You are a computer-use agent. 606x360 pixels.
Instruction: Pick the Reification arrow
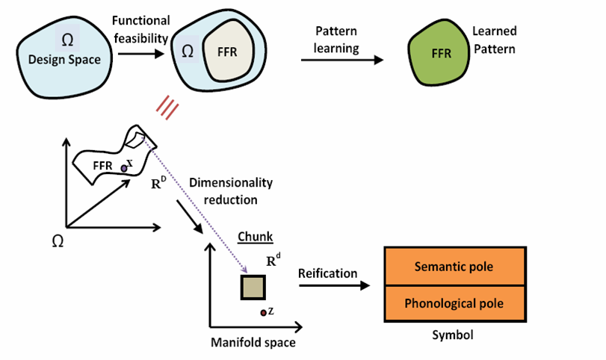pos(334,285)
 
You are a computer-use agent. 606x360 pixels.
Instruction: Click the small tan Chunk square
pos(253,288)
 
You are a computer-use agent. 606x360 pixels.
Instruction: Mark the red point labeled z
pos(263,312)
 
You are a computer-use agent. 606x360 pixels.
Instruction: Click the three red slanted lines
pos(167,110)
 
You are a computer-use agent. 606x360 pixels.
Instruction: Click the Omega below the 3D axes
pos(57,240)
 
